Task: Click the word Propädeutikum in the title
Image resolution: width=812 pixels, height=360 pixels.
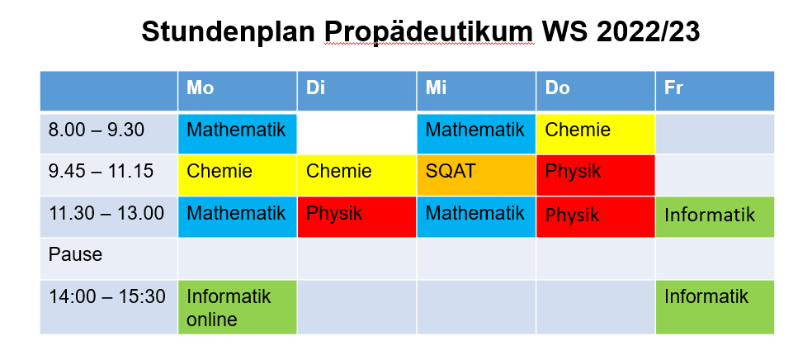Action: click(429, 33)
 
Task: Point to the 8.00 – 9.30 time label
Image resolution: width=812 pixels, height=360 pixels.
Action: click(97, 130)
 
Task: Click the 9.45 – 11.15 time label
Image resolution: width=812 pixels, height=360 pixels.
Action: click(101, 171)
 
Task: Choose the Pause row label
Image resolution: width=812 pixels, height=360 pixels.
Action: click(75, 254)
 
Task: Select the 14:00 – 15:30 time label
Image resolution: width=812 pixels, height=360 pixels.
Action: click(107, 296)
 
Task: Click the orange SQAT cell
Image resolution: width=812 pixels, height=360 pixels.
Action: click(476, 175)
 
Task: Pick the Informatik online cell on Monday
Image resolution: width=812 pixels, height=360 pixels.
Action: click(238, 307)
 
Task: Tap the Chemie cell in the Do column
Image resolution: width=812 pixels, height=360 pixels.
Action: click(596, 134)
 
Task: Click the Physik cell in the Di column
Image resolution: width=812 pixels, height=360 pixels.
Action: click(356, 217)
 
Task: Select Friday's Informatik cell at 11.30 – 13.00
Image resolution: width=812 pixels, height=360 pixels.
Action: click(715, 217)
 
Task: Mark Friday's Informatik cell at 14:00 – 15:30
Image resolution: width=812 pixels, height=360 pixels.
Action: click(715, 307)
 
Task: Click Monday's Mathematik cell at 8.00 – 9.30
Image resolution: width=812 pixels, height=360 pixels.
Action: click(238, 134)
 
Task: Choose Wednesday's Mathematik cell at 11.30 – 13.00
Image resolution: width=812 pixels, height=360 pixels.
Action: click(476, 217)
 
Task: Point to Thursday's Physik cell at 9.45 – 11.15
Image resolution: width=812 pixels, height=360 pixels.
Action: click(596, 175)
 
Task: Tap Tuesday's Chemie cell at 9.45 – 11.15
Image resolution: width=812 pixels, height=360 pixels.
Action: click(356, 175)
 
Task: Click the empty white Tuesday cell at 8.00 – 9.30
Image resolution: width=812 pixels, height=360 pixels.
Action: click(356, 134)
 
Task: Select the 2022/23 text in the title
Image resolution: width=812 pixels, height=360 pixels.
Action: click(649, 32)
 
